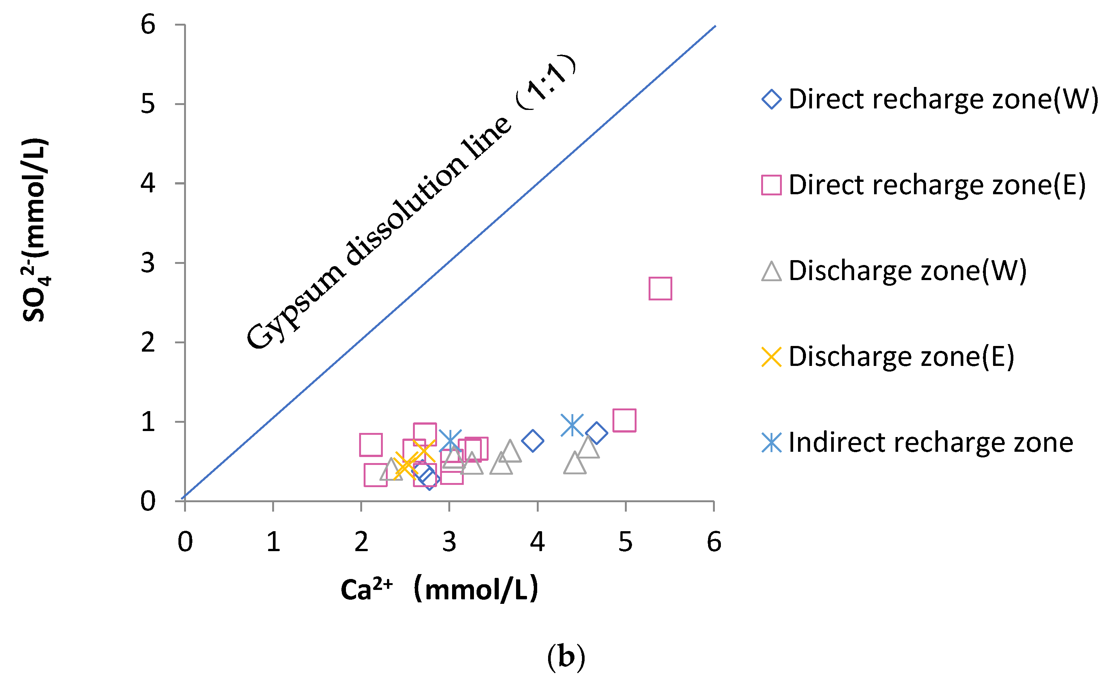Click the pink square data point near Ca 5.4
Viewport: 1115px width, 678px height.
(660, 289)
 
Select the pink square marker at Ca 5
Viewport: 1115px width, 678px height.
(625, 420)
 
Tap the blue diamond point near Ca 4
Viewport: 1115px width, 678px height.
(533, 441)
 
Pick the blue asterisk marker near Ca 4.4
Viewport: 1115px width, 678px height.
(572, 425)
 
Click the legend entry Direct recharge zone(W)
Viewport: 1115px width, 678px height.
(943, 99)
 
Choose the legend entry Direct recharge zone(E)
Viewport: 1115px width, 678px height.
(937, 185)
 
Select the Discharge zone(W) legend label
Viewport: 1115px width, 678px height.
(907, 271)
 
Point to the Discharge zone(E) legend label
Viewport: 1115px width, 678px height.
(901, 357)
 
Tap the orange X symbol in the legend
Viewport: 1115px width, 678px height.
(772, 357)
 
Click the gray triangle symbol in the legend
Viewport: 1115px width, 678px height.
(772, 271)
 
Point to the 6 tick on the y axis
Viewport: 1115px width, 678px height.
(148, 24)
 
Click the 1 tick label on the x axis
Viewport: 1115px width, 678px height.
(273, 542)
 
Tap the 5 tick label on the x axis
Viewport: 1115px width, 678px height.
(625, 542)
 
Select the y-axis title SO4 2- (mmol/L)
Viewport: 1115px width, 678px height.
(35, 230)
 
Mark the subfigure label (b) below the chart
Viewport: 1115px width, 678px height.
(566, 656)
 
